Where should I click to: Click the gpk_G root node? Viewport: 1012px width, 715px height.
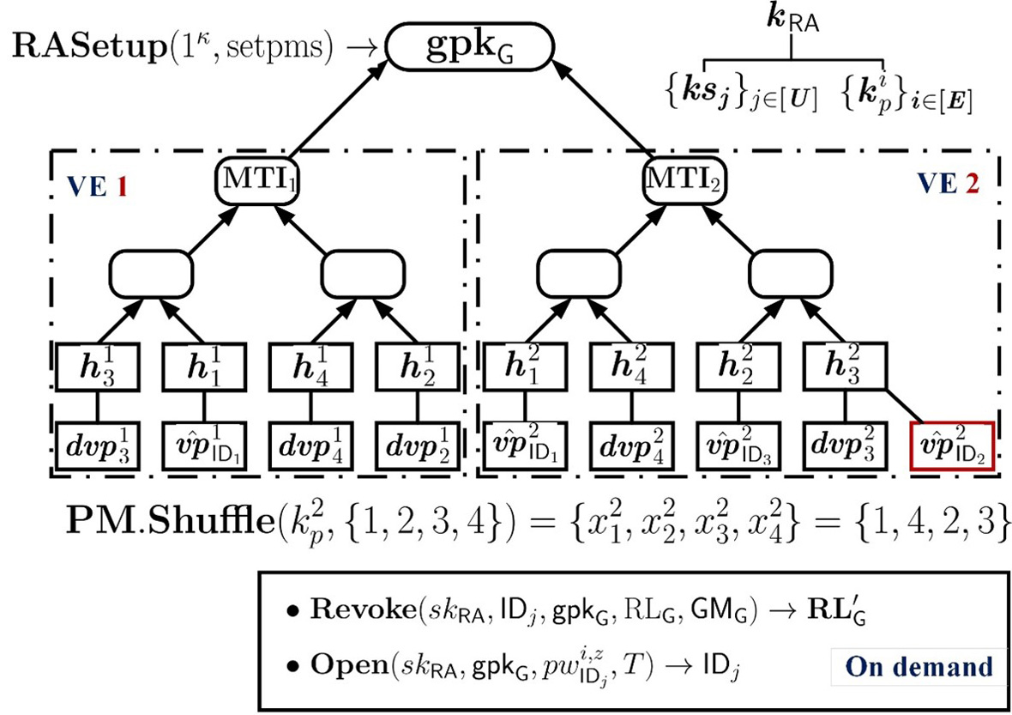tap(470, 47)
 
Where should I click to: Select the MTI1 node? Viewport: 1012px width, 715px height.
tap(257, 179)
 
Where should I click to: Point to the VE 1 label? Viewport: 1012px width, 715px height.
tap(97, 186)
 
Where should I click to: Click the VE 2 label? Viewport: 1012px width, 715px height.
tap(949, 184)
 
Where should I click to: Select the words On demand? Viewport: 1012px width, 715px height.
tap(919, 667)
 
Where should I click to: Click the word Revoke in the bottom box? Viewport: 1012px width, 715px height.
tap(364, 609)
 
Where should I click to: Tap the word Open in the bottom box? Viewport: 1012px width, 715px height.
tap(349, 665)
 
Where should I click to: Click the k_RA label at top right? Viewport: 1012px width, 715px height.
tap(792, 20)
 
